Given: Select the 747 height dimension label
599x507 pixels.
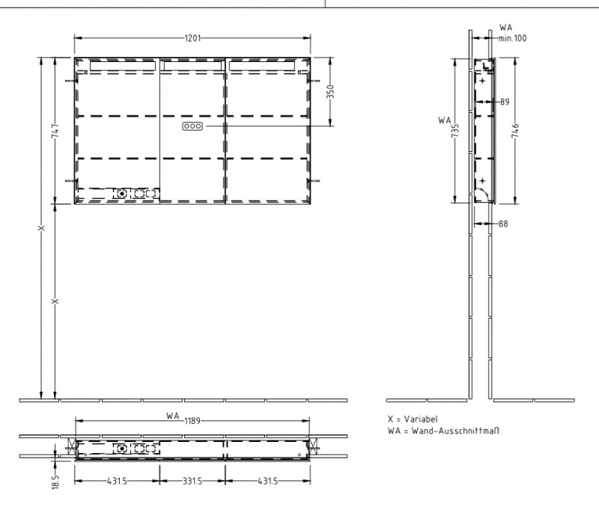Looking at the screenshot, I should (55, 132).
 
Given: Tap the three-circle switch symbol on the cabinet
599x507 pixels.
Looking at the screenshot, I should (192, 127).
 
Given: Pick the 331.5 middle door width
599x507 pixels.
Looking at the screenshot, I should (192, 481).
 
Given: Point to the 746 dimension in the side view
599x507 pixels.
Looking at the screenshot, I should (514, 132).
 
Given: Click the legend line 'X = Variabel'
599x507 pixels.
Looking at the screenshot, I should (413, 420).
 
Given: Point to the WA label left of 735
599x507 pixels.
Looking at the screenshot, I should (445, 119).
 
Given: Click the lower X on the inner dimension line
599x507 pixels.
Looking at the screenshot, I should (55, 301).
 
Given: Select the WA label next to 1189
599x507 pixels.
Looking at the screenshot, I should (172, 416).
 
